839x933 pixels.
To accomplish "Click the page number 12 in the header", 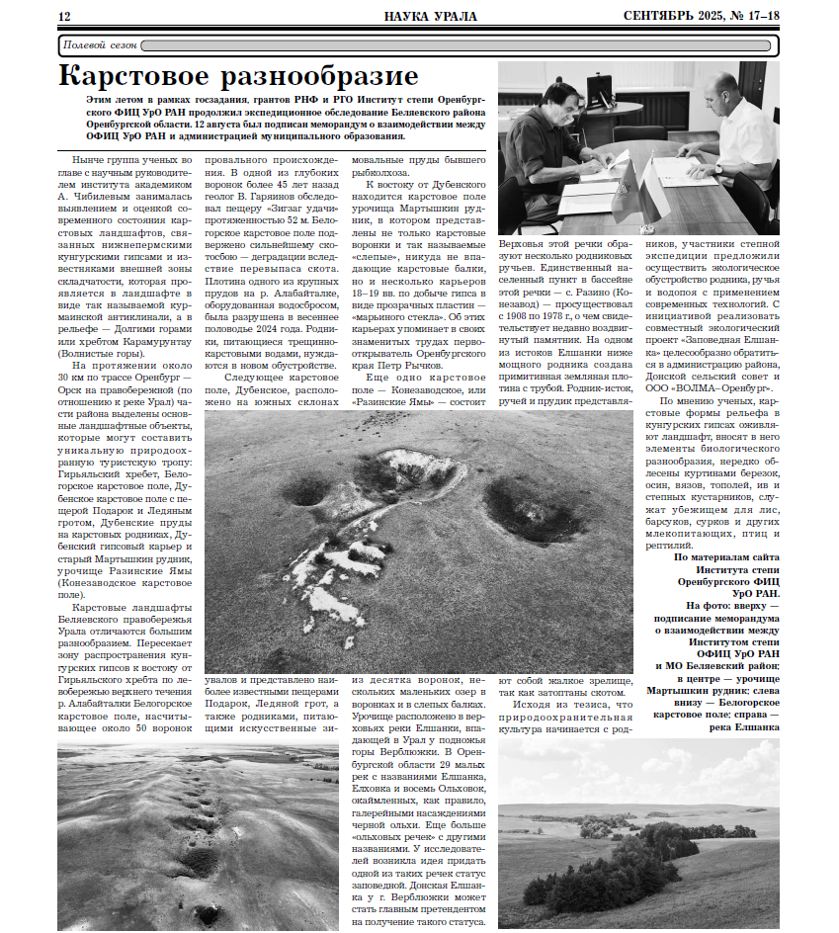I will coord(65,16).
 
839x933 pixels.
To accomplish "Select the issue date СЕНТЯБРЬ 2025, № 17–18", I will coord(702,16).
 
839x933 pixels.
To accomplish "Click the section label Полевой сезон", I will coord(99,45).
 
